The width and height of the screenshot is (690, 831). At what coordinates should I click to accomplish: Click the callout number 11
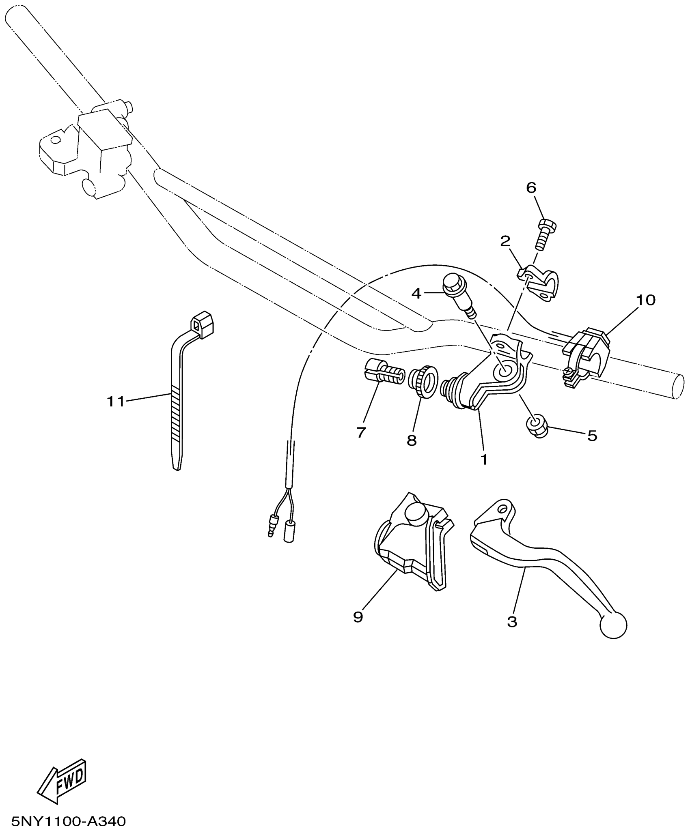point(115,402)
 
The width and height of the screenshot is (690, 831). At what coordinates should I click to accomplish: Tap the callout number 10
point(646,300)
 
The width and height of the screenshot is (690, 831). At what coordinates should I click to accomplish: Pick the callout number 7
point(361,432)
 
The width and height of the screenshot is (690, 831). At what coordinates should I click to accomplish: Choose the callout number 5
point(592,436)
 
